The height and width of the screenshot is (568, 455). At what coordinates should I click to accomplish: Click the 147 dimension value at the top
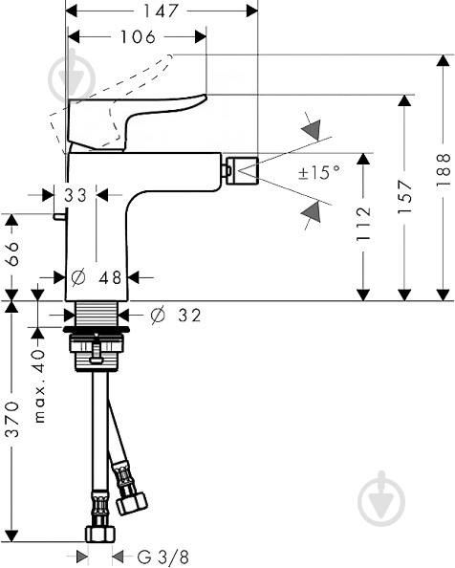(x=162, y=12)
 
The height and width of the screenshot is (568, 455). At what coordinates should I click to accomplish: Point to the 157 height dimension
(x=405, y=196)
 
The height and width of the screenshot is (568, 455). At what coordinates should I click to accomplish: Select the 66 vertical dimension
(x=11, y=256)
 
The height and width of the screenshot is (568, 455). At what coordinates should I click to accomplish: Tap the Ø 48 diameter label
(x=98, y=277)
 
